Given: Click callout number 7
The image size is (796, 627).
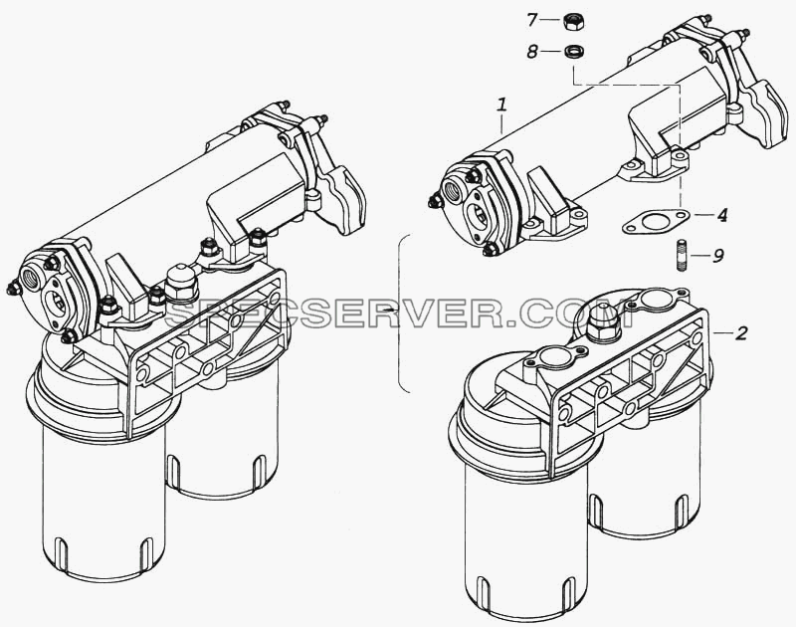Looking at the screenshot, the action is point(531,20).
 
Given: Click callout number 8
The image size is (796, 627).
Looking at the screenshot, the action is point(531,52).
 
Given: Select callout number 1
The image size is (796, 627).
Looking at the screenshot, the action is point(502,105).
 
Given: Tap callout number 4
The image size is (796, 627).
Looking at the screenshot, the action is point(721,215).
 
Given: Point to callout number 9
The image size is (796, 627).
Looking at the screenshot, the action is point(717,256).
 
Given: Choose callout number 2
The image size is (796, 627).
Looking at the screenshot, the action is point(741,333).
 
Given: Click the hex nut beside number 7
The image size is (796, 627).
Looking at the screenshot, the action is point(572,21).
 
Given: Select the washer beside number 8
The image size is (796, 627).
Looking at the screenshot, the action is point(574,52).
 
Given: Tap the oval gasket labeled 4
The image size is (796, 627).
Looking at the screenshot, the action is point(656,221).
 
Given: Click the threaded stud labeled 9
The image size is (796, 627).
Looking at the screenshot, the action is point(682,256).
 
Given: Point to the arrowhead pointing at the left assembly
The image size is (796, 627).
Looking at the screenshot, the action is point(389,310).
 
